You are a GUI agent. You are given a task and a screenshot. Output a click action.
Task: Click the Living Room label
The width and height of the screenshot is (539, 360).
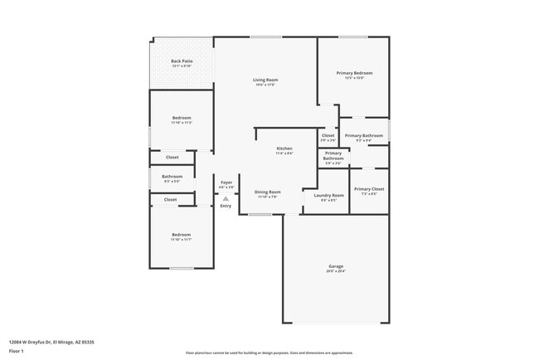pos(265,80)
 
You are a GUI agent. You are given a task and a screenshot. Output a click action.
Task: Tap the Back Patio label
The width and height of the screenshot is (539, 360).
pos(182,61)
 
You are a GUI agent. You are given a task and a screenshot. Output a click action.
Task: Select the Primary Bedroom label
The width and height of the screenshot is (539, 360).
pos(354,73)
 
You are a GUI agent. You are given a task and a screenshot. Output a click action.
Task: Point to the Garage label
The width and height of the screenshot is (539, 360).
pos(336,266)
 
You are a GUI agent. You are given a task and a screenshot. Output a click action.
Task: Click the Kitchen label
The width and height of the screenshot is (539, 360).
pos(284,148)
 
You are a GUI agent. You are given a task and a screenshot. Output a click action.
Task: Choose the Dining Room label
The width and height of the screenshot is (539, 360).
pos(267,192)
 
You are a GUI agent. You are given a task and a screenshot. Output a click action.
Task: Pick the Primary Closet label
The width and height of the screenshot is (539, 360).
pos(369,189)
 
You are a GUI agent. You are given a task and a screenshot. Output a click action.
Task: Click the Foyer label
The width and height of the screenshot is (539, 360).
pos(226,182)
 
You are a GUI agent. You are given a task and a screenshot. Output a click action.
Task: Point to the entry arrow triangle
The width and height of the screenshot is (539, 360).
pos(226,198)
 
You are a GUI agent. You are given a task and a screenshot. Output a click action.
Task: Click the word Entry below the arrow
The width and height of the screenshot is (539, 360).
pos(226,206)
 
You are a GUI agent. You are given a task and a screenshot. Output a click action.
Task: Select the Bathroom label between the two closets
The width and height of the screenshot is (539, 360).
pos(172,176)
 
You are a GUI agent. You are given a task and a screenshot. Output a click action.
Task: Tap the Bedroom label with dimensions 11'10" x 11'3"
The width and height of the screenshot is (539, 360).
pos(182,118)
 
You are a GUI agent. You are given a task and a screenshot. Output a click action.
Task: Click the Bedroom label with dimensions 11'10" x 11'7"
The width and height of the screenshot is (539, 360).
pos(182,235)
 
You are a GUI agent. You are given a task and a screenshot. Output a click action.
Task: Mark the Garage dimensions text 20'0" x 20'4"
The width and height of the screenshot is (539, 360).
pos(336,271)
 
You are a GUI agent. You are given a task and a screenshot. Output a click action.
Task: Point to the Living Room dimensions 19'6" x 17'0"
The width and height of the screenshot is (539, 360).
pos(265,85)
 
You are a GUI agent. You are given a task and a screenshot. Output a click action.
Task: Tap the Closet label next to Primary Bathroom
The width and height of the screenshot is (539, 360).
pos(328,135)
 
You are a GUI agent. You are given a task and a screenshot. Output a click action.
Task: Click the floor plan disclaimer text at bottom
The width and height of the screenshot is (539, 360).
pos(269,353)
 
